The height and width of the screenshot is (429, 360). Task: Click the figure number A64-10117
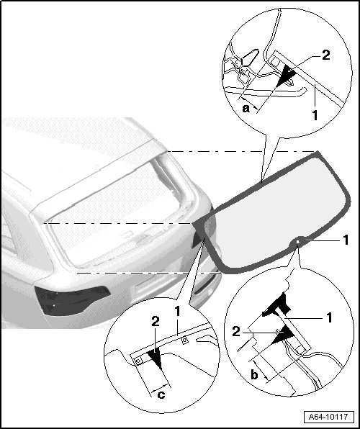click(328, 417)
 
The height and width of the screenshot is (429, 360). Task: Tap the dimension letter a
click(246, 109)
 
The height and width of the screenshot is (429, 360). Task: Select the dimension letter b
click(254, 374)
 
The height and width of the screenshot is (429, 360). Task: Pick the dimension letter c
click(161, 394)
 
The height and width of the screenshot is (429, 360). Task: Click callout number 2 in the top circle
click(325, 55)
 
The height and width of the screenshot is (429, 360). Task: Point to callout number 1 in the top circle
click(315, 115)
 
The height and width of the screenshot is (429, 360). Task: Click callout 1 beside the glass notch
click(346, 240)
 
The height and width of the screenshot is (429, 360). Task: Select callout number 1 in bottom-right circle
click(329, 317)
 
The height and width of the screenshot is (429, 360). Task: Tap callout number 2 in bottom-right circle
click(236, 332)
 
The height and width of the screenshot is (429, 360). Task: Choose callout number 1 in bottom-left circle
click(177, 312)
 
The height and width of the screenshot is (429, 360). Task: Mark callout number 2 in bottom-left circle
click(156, 322)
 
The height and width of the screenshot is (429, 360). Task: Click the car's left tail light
click(72, 300)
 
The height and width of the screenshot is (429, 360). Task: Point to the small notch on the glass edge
click(298, 242)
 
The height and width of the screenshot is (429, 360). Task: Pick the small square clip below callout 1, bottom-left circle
click(185, 340)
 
